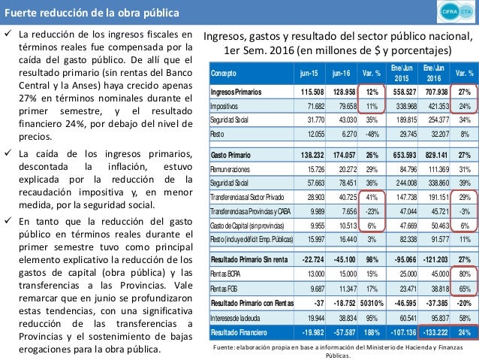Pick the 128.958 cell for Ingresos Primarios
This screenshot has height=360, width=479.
pos(342,92)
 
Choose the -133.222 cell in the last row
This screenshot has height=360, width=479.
pos(436,331)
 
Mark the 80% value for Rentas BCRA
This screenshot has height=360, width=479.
pos(464,273)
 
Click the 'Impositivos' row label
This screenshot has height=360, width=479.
pos(227,106)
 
